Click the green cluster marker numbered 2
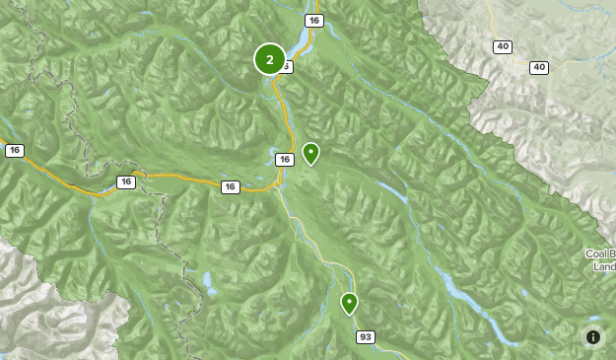270,59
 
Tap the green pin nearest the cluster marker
310,153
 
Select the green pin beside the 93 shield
349,302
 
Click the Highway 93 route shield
366,337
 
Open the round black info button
593,337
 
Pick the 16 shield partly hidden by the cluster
287,67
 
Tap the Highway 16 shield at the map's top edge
314,21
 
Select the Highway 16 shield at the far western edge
14,150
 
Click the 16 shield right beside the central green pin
284,159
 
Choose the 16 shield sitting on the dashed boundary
126,181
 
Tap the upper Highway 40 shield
504,46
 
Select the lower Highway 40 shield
538,67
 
